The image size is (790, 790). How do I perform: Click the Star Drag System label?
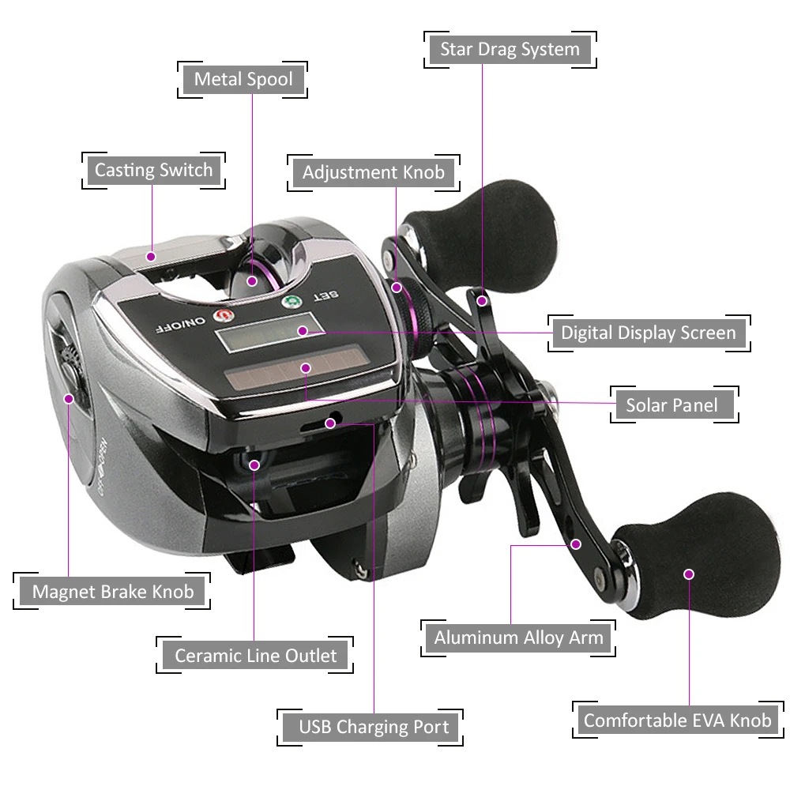[x=510, y=50]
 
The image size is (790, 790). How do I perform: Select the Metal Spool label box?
[x=243, y=79]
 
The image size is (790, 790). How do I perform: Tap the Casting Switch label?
[x=153, y=170]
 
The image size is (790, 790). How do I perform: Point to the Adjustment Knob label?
[x=373, y=172]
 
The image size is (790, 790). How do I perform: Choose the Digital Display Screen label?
[x=648, y=333]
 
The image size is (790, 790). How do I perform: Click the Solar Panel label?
[x=671, y=405]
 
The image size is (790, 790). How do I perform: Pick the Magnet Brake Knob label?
[x=112, y=591]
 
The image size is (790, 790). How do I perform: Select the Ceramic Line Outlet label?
[x=255, y=655]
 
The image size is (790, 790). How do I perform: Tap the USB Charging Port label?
[x=373, y=727]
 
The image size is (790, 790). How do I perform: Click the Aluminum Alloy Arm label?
[x=518, y=638]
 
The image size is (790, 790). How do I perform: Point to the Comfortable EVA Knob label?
[x=677, y=720]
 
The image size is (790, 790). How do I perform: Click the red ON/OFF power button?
[x=222, y=316]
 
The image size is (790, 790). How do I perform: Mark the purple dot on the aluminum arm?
[x=576, y=544]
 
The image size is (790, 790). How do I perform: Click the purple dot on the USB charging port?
[x=330, y=423]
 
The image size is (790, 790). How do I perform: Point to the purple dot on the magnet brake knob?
[x=69, y=399]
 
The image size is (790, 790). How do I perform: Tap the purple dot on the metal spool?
[x=252, y=280]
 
